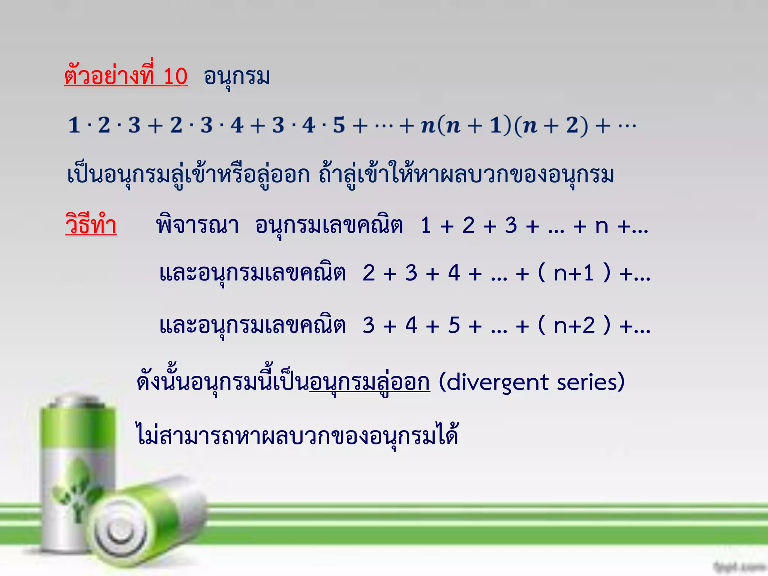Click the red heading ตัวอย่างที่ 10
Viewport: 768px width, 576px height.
point(126,76)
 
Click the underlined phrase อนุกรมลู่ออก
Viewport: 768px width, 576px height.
point(370,383)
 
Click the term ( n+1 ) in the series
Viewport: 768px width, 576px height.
point(574,273)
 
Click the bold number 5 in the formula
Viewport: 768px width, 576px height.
point(339,125)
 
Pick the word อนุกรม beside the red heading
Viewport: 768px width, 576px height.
point(237,77)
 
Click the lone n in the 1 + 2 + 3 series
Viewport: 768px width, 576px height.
point(601,226)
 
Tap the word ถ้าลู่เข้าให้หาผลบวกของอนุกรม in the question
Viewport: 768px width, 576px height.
point(466,175)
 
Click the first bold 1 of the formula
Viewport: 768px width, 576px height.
point(74,125)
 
